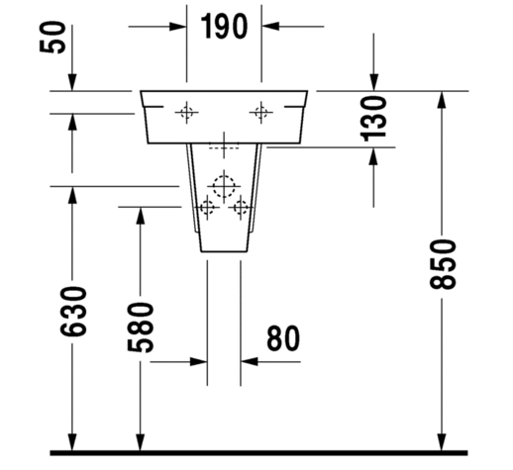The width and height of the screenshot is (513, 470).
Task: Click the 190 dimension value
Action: click(x=224, y=27)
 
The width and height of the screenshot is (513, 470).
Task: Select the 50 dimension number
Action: click(x=52, y=37)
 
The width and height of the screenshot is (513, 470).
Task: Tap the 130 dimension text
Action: click(x=373, y=119)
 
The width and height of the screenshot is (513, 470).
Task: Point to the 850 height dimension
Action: click(x=443, y=264)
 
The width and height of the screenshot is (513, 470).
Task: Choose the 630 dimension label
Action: click(x=73, y=312)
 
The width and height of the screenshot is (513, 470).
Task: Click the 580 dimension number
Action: click(x=141, y=328)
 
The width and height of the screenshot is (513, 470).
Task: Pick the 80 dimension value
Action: click(x=283, y=338)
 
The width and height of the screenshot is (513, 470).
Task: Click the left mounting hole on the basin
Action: click(x=186, y=113)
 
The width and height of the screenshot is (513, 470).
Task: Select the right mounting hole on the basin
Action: click(x=261, y=113)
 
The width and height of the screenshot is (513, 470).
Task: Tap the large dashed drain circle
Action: click(x=224, y=186)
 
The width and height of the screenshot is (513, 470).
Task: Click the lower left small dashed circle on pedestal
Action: click(x=207, y=208)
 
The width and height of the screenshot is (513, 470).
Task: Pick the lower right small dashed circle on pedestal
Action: click(x=240, y=208)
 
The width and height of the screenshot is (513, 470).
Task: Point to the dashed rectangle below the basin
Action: click(x=224, y=145)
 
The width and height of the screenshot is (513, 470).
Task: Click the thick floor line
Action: click(x=258, y=453)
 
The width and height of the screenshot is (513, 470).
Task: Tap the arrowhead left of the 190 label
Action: click(x=177, y=27)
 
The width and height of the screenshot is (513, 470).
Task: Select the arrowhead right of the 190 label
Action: click(x=270, y=27)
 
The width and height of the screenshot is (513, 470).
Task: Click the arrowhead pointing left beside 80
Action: click(x=250, y=362)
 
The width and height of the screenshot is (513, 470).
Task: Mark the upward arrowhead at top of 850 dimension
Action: click(x=443, y=100)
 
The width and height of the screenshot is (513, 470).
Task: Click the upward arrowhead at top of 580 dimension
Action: click(x=141, y=216)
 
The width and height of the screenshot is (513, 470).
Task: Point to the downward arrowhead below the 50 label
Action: click(x=72, y=82)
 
